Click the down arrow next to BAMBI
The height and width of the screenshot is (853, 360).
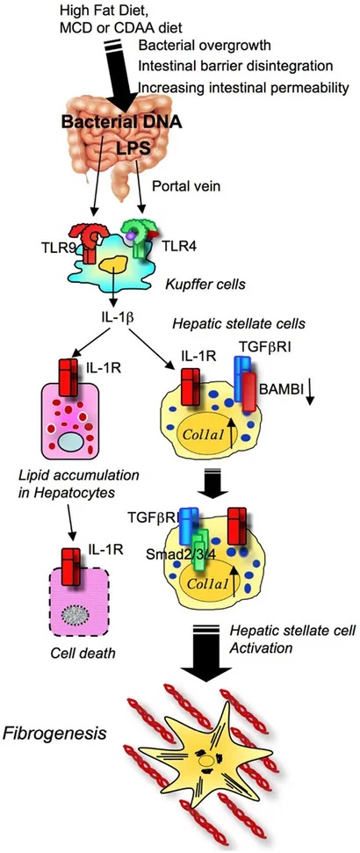[x=309, y=393]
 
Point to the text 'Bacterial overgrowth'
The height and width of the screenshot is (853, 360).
[x=193, y=45]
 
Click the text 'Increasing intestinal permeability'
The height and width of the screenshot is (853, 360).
[x=243, y=87]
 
